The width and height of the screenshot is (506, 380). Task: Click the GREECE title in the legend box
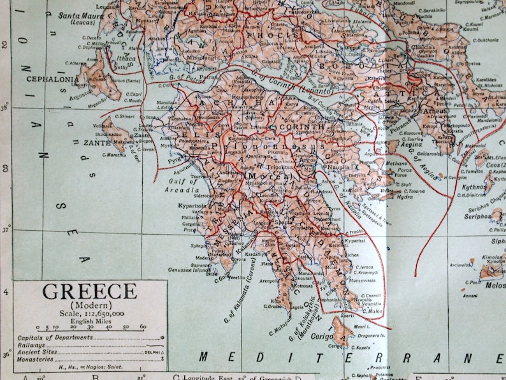tap(89, 291)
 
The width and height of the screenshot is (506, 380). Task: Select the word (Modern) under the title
tap(89, 305)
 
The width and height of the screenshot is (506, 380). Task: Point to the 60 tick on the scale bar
tap(142, 326)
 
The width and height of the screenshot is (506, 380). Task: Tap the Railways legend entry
tap(36, 344)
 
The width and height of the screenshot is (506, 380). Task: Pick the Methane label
tap(381, 163)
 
